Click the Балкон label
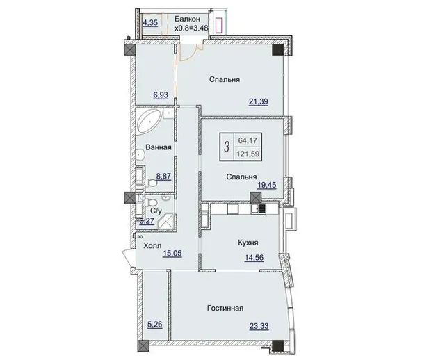187,19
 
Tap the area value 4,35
150,22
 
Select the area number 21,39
259,101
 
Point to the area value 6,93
161,95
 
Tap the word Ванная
159,147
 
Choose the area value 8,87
164,176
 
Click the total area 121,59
248,154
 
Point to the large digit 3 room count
226,147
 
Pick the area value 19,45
267,185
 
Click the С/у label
156,211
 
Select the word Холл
152,245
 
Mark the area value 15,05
172,253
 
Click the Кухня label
248,243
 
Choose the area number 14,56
254,258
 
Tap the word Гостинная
225,308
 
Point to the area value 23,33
259,326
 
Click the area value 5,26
155,324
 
